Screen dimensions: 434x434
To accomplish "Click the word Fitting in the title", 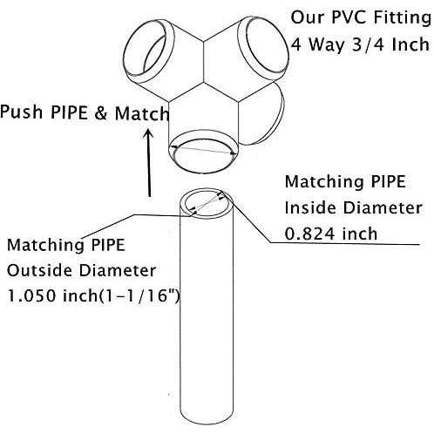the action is coord(402,18).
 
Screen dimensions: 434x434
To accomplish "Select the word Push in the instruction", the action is coord(21,112).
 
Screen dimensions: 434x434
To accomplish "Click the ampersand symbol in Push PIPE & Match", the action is coord(101,112).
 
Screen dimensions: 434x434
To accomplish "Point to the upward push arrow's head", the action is coord(149,134).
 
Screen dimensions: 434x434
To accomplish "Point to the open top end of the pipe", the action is coord(207,203).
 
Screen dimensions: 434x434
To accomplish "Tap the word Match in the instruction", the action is coord(142,113).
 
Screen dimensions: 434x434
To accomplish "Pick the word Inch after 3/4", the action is coord(410,44).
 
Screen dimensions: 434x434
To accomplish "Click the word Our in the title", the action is coord(308,17).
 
